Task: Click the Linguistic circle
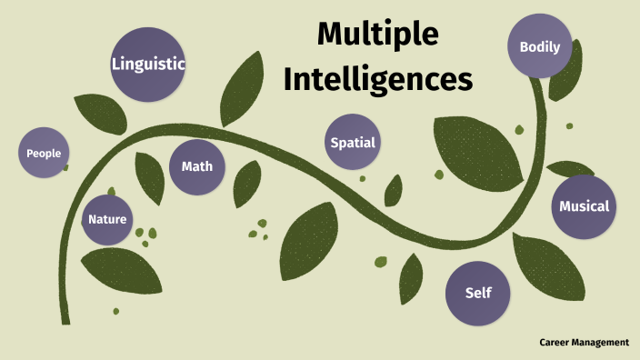tap(148, 65)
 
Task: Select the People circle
tap(44, 153)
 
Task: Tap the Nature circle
tap(107, 219)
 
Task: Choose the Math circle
tap(196, 166)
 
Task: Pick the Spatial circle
tap(353, 143)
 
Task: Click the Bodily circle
tap(539, 47)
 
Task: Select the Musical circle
tap(584, 206)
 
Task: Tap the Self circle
tap(477, 293)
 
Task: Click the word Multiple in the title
tap(377, 36)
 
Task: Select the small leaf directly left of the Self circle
tap(411, 277)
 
